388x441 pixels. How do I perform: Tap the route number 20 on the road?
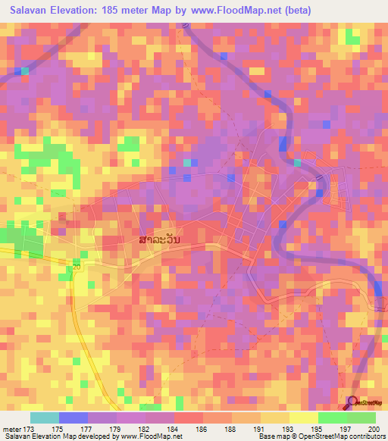click(77, 267)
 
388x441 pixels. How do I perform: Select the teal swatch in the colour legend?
click(45, 418)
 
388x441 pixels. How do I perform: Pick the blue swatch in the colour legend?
click(74, 418)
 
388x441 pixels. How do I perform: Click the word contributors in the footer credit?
click(367, 436)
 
